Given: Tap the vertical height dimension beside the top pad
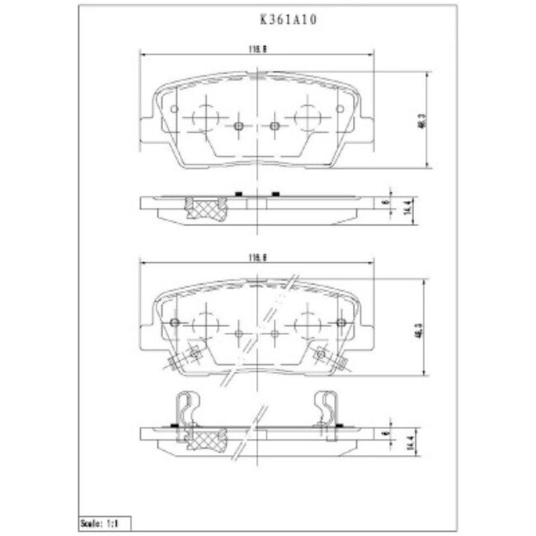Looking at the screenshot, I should click(x=421, y=120).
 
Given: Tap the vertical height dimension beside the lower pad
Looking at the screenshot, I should click(x=420, y=328).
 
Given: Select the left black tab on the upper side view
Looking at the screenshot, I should click(x=237, y=195).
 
